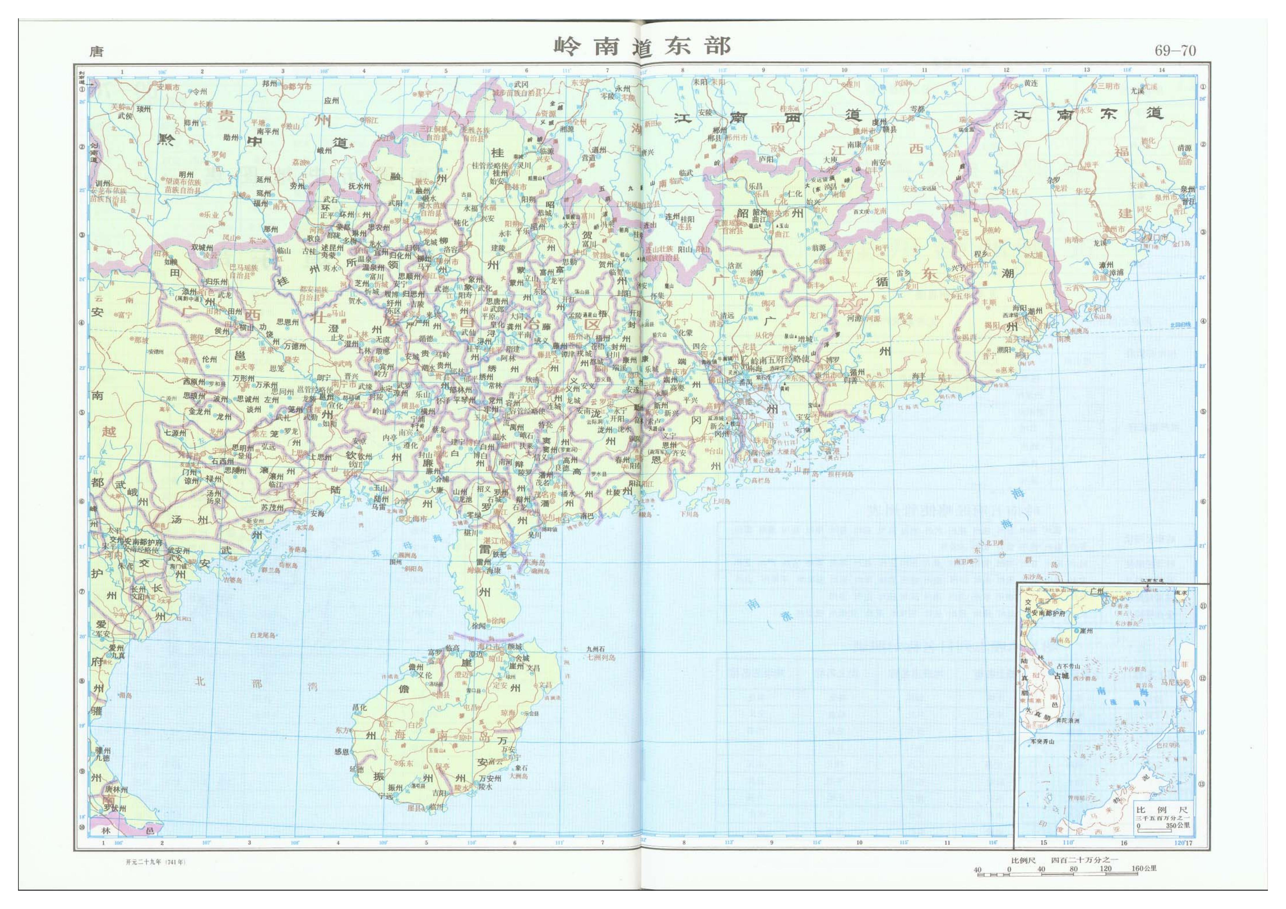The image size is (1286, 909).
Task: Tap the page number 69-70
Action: (x=1175, y=51)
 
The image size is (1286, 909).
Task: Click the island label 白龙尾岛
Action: (x=263, y=635)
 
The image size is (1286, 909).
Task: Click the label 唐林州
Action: (x=116, y=789)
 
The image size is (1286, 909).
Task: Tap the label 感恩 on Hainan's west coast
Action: (x=342, y=752)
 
